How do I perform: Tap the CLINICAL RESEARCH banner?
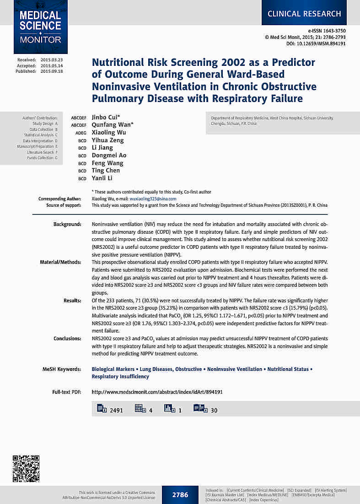click(304, 14)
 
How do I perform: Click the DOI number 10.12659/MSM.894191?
click(322, 43)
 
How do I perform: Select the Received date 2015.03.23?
click(51, 60)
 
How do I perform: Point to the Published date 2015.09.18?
click(51, 71)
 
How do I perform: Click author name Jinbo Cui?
click(106, 118)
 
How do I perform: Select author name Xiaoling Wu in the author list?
click(109, 133)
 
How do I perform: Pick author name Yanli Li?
click(102, 178)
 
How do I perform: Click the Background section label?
click(67, 225)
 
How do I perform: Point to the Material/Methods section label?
click(61, 262)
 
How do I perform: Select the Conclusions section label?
click(67, 338)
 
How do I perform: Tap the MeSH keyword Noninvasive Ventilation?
click(235, 369)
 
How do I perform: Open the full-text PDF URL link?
click(157, 392)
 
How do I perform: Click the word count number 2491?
click(116, 410)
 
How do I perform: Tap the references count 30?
click(214, 410)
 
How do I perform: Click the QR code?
click(26, 469)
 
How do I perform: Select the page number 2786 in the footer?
click(180, 495)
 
